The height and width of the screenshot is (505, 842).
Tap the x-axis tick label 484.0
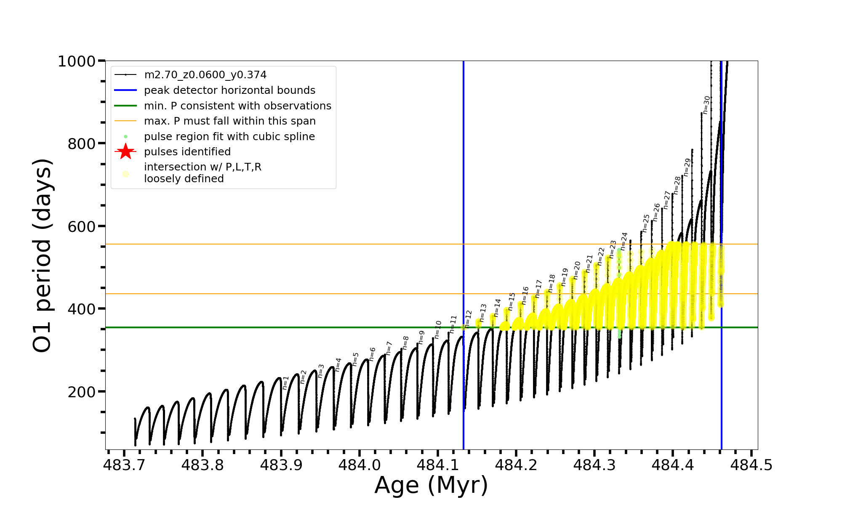pos(359,465)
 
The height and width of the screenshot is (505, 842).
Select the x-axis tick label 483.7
pos(124,465)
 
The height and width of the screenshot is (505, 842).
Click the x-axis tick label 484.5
pos(751,465)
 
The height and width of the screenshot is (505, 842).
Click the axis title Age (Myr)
pos(431,485)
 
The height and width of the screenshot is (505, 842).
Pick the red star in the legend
pos(125,151)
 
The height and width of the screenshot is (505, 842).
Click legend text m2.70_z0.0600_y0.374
pos(205,75)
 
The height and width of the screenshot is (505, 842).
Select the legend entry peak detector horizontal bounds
pos(229,90)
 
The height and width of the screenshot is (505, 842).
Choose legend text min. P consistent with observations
pos(237,106)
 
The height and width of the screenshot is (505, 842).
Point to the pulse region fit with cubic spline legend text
pos(229,137)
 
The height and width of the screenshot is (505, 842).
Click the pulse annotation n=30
pos(707,105)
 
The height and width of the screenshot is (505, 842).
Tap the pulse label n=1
pos(286,383)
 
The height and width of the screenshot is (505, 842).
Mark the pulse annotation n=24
pos(624,241)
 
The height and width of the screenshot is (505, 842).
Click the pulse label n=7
pos(389,348)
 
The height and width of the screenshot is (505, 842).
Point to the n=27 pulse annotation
pos(667,200)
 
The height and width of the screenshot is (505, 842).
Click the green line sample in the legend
pos(125,106)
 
